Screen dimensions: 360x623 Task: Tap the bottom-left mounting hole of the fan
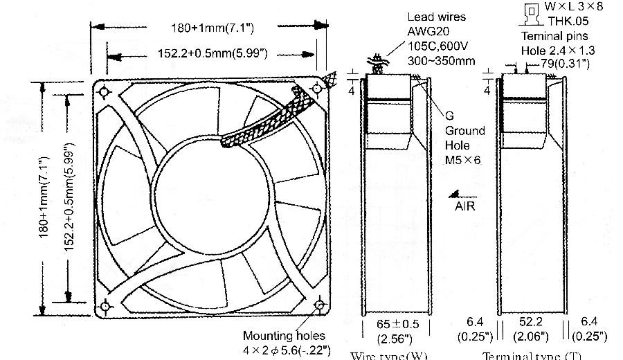click(x=105, y=305)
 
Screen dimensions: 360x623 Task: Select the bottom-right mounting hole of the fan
click(x=320, y=305)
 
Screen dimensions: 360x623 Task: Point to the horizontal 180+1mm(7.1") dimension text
click(x=214, y=28)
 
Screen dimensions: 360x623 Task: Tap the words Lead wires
click(x=437, y=17)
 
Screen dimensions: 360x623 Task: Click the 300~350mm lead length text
click(x=442, y=60)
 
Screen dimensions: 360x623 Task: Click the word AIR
click(x=465, y=206)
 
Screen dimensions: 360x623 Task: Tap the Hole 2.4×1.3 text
click(x=558, y=50)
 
